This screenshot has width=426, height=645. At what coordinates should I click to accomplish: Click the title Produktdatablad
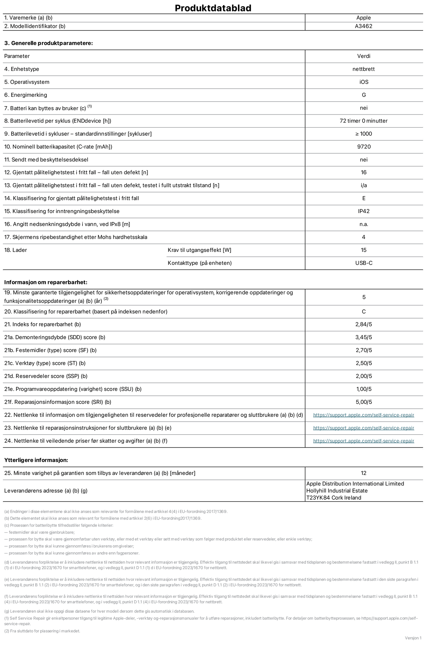tap(213, 8)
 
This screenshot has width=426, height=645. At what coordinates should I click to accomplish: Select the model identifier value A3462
tap(363, 26)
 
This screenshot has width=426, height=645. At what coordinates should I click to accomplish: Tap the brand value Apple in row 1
tap(363, 18)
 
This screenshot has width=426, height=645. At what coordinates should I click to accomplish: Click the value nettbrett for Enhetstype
tap(363, 69)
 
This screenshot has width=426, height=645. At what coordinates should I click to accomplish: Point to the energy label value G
tap(363, 95)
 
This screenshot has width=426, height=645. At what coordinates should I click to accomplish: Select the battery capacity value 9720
tap(363, 147)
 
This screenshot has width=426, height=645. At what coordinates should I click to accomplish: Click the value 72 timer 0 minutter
tap(363, 121)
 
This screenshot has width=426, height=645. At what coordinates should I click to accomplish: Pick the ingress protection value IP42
tap(363, 211)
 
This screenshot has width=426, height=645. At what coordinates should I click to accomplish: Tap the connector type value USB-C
tap(363, 263)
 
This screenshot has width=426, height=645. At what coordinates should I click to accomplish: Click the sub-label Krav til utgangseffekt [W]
tap(199, 250)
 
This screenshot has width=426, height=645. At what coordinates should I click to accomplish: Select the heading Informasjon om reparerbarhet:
tap(46, 282)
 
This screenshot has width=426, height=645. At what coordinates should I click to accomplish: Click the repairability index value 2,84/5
tap(363, 324)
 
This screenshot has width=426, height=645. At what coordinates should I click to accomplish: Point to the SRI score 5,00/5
tap(363, 402)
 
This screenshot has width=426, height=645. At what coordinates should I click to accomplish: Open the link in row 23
tap(363, 428)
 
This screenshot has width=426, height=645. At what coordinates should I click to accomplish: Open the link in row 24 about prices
tap(363, 441)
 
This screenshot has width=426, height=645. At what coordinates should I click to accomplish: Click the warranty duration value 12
tap(363, 473)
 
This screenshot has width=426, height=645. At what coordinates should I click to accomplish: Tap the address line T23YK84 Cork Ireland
tap(334, 498)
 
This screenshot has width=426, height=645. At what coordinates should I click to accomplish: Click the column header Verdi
tap(363, 56)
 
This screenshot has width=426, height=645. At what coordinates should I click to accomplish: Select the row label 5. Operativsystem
tap(27, 82)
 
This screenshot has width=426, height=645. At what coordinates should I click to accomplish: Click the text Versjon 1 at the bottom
tap(413, 638)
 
